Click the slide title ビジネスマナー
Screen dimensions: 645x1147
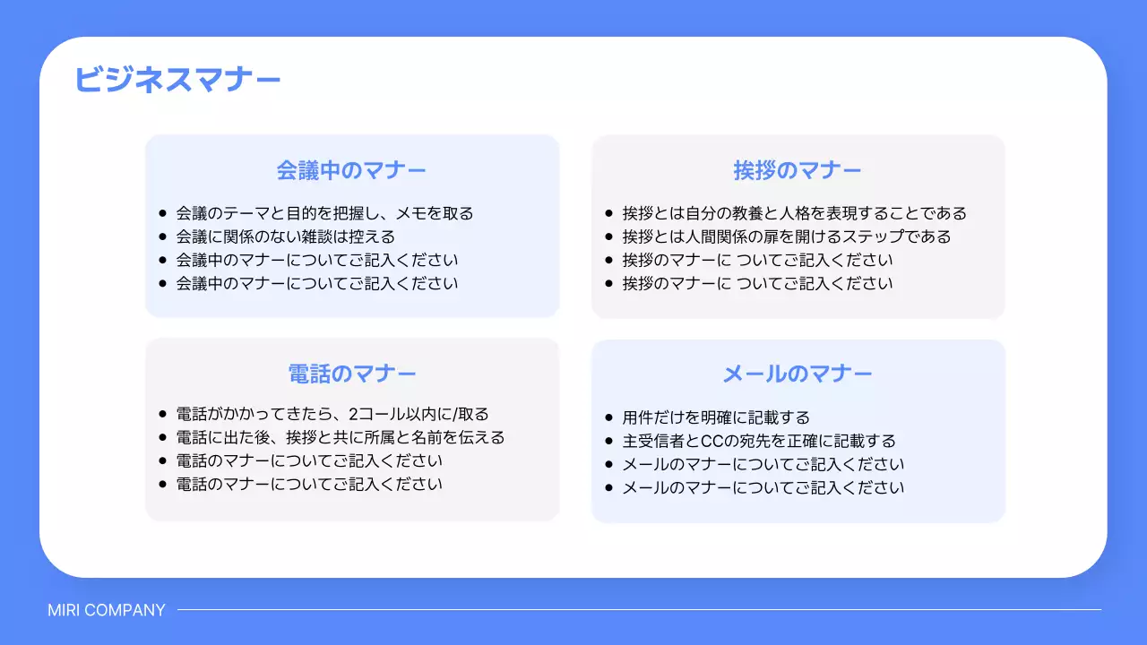tap(177, 80)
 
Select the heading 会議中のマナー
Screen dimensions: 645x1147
tap(351, 170)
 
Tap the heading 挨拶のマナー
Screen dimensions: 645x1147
tap(798, 170)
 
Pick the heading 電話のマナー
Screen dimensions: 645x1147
tap(351, 374)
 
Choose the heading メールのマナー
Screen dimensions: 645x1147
tap(798, 374)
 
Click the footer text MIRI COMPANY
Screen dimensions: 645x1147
tap(107, 610)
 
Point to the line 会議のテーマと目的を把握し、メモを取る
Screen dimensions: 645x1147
tap(324, 213)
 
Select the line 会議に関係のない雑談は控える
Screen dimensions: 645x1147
tap(285, 236)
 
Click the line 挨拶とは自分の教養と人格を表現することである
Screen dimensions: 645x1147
tap(795, 213)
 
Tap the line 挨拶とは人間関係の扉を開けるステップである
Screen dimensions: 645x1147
tap(787, 236)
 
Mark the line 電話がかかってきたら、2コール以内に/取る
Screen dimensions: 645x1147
tap(332, 414)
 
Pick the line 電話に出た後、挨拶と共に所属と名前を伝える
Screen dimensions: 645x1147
tap(341, 437)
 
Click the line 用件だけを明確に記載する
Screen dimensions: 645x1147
tap(716, 417)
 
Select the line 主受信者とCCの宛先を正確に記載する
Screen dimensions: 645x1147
tap(759, 441)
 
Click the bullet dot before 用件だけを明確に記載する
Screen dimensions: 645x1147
tap(609, 417)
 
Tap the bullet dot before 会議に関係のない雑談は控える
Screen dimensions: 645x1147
tap(162, 236)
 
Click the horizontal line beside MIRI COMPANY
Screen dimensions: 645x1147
tap(639, 610)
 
